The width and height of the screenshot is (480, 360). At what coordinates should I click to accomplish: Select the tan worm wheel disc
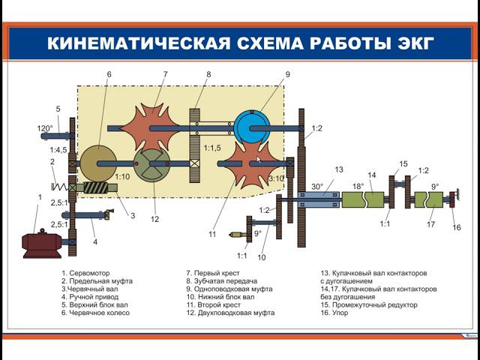tap(99, 163)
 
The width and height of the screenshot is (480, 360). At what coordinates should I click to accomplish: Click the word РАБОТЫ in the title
tap(352, 43)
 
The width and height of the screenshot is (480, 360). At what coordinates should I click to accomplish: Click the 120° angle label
tap(45, 128)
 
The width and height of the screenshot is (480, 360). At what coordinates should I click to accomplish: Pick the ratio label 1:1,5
tap(213, 148)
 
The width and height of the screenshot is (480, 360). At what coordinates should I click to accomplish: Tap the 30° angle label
tap(318, 186)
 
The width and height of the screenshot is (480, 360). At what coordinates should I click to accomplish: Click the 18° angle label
tap(358, 186)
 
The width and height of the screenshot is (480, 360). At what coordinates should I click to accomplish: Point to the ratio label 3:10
tap(277, 178)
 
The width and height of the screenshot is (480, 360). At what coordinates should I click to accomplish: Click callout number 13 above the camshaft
tap(338, 169)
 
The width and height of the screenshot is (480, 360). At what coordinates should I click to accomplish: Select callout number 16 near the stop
tap(457, 227)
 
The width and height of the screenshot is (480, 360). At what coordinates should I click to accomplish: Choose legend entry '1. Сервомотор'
tap(90, 274)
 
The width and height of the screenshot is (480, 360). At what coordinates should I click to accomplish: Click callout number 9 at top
tap(286, 74)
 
